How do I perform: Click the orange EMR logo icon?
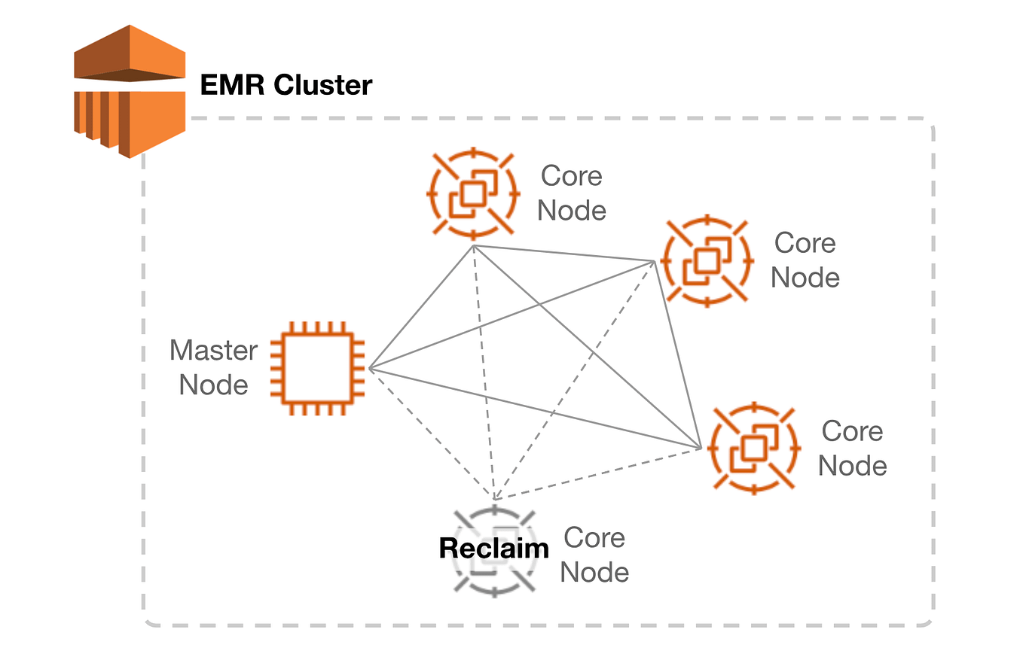click(130, 90)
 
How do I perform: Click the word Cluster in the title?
click(322, 85)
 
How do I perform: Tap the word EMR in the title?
click(231, 85)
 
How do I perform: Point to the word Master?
click(214, 351)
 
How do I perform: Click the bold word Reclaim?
click(494, 548)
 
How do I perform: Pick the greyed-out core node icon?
click(494, 551)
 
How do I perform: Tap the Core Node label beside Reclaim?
click(594, 555)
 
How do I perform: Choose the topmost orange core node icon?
click(473, 193)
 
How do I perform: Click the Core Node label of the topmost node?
click(572, 193)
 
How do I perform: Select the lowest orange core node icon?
click(754, 449)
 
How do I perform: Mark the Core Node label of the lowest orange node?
click(852, 449)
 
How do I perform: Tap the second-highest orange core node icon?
click(707, 260)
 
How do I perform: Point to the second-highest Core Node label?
click(805, 260)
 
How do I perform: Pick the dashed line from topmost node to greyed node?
click(484, 373)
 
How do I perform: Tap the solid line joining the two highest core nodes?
click(563, 253)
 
